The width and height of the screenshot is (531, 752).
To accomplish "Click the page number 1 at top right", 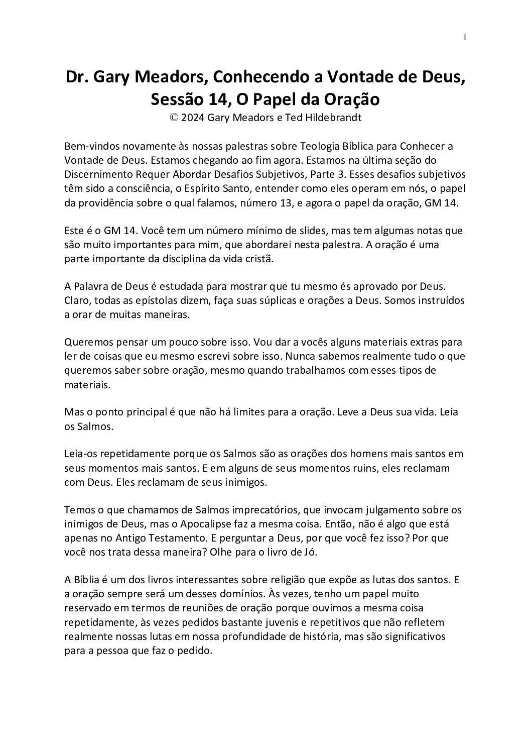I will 465,37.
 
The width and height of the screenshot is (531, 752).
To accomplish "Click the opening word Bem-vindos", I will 90,146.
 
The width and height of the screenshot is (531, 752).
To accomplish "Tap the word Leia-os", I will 81,454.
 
